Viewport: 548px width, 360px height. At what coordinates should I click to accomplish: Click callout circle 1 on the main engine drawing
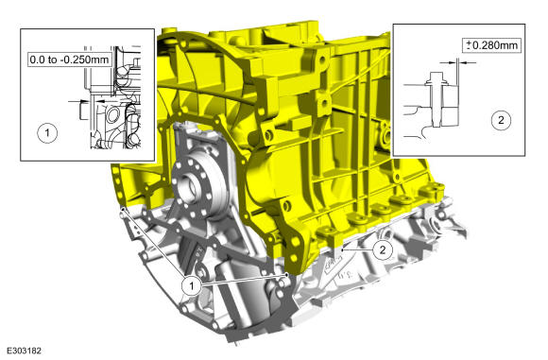(x=192, y=283)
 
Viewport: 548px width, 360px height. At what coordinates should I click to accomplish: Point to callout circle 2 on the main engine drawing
(x=382, y=249)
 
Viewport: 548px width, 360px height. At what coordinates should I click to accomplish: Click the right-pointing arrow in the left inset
(x=85, y=99)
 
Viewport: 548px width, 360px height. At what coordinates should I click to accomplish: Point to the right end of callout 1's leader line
(x=285, y=278)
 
